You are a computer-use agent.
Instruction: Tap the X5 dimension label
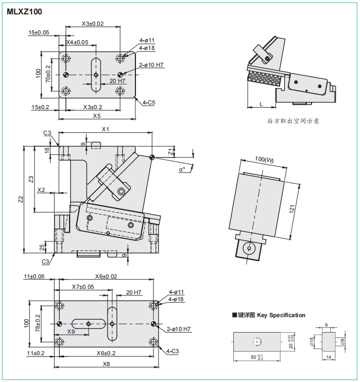96,116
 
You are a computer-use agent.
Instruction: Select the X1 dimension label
105,129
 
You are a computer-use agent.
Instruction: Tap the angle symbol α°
182,169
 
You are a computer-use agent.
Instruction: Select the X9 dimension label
71,332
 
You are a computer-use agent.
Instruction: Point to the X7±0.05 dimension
83,287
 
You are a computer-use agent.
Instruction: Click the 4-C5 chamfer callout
148,102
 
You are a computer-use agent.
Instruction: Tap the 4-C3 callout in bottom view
172,351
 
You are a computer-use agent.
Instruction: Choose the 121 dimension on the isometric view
291,209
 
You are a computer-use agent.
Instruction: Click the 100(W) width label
264,161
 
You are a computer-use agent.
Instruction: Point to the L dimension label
261,104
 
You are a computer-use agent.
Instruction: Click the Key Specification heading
271,315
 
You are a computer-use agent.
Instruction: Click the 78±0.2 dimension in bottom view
37,323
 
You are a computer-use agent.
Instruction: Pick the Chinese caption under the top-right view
293,121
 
